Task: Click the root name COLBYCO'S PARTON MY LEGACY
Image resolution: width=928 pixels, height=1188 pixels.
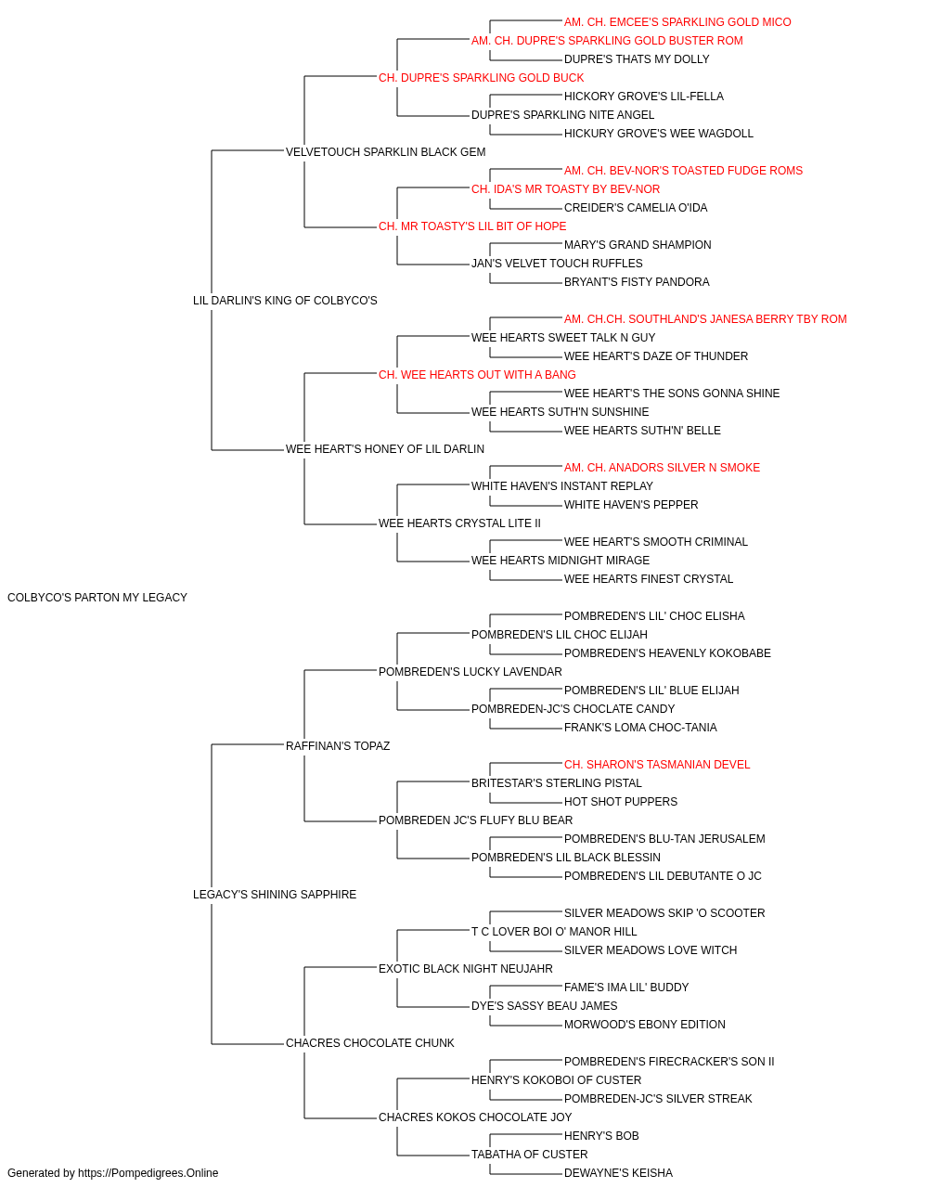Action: point(97,598)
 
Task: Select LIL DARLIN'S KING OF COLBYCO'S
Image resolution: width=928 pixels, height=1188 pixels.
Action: point(285,300)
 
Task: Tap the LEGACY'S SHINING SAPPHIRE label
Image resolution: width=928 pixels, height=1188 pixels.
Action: point(275,895)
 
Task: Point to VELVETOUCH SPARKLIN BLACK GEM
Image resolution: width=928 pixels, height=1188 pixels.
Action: point(385,152)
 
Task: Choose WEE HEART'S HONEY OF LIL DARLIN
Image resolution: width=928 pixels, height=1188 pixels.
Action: point(385,449)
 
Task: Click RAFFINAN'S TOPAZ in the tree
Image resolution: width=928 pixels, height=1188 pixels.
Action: point(338,745)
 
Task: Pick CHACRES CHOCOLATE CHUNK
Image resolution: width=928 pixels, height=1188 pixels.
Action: point(370,1043)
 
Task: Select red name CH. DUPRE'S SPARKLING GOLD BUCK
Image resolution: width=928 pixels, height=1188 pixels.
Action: point(481,78)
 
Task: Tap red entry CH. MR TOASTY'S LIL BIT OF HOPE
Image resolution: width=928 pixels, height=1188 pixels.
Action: point(472,226)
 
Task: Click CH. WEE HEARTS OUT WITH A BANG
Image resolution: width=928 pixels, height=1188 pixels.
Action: point(477,374)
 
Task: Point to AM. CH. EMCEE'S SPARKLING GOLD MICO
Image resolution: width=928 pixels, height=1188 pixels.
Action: point(677,22)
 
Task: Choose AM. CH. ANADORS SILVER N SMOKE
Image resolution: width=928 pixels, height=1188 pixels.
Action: point(662,468)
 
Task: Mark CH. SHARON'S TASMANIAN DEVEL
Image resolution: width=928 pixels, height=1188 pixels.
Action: point(657,764)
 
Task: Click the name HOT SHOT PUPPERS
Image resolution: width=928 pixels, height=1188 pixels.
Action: point(620,802)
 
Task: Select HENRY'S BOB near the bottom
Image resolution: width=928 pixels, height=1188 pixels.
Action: point(601,1135)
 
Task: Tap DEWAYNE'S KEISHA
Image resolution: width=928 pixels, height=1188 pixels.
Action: point(618,1173)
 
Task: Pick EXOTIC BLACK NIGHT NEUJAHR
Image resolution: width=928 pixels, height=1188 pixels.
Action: point(466,969)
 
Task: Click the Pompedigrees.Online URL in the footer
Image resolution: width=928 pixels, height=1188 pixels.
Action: point(148,1173)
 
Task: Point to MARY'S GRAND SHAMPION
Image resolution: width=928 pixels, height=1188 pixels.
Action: point(638,245)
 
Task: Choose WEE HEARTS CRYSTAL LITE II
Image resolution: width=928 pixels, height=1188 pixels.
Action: point(459,523)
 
